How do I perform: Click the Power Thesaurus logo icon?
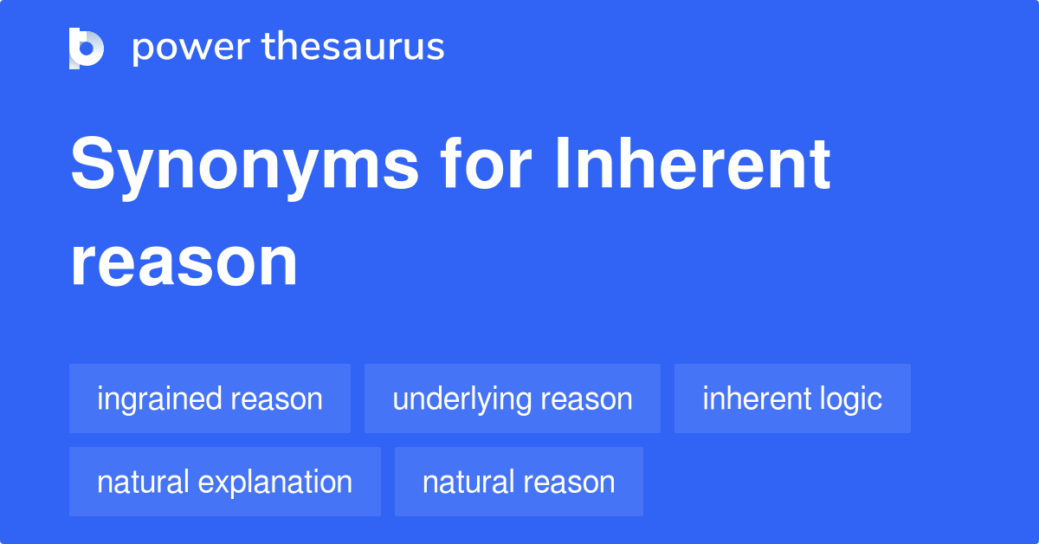tap(87, 48)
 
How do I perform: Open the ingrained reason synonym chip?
tap(210, 398)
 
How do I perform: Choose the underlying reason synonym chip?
tap(512, 398)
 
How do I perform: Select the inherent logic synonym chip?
tap(791, 398)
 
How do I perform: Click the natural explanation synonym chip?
tap(224, 482)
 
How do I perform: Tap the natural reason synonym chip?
tap(518, 482)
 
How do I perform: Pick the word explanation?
tap(275, 482)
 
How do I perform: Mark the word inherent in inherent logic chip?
tap(754, 398)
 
